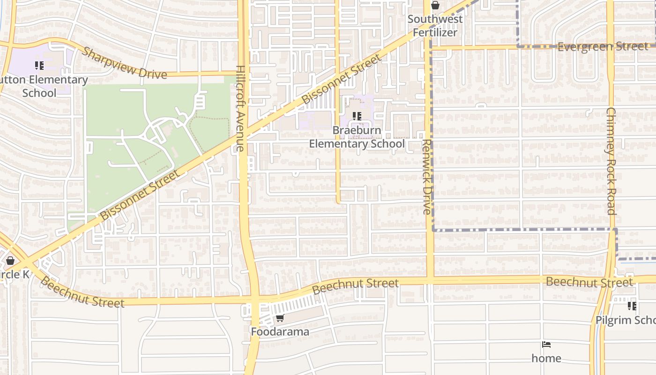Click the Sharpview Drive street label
pos(124,63)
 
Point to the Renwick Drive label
pos(426,177)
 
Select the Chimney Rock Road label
pos(611,161)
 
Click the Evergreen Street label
pos(603,46)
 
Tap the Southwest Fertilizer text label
pos(435,26)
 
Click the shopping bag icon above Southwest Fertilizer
pos(435,6)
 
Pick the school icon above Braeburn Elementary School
pos(357,116)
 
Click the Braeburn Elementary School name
pos(357,137)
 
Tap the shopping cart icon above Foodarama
pos(280,318)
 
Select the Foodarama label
pos(280,332)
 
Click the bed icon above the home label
pos(546,345)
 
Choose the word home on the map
pos(546,358)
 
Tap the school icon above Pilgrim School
pos(632,306)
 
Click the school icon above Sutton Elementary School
pos(39,66)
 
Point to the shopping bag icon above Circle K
pos(10,261)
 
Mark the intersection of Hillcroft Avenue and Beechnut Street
pos(253,298)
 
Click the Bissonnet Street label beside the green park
pos(140,195)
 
